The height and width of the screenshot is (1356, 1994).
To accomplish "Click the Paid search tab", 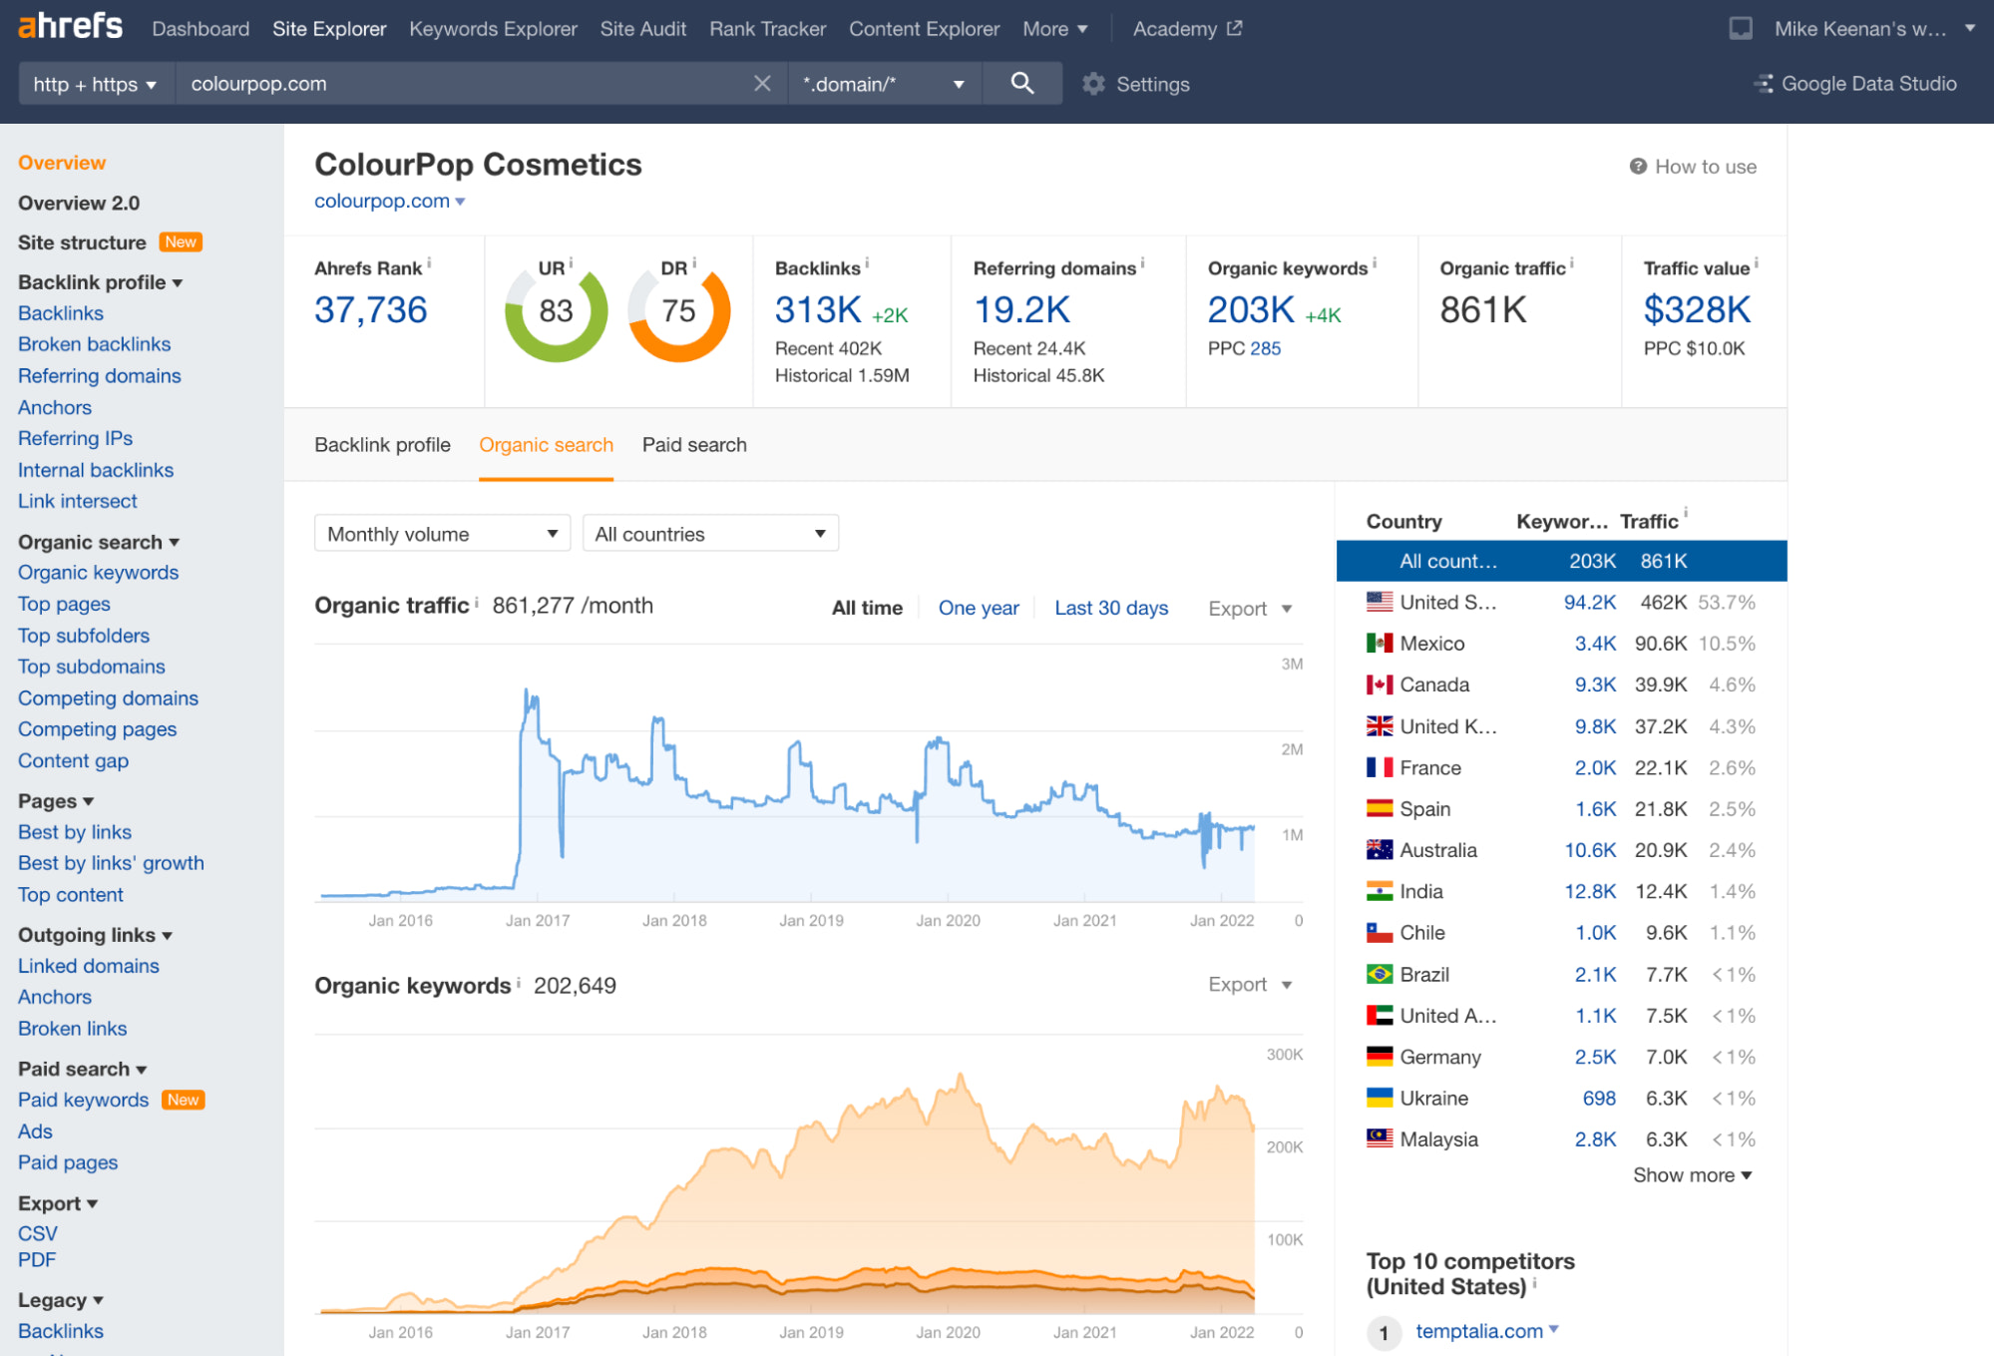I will [x=694, y=445].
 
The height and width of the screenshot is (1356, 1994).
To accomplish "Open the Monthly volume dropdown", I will [x=441, y=534].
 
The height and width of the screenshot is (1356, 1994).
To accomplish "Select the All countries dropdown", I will [x=709, y=534].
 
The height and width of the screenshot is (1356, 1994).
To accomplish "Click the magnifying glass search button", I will [x=1021, y=84].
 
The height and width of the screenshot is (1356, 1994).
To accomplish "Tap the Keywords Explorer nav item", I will [x=493, y=29].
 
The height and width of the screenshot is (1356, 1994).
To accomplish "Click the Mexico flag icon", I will [x=1380, y=644].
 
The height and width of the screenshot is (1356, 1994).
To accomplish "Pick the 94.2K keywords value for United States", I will [x=1589, y=603].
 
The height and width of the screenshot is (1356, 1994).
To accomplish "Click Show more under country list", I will [x=1692, y=1175].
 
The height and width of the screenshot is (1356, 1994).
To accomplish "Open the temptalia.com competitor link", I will [x=1479, y=1331].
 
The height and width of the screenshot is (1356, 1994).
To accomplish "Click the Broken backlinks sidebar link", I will [x=95, y=344].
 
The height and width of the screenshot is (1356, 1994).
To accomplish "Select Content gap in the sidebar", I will [x=73, y=760].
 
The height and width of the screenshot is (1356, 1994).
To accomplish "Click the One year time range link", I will [x=979, y=608].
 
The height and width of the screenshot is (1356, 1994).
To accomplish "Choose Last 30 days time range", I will [x=1111, y=608].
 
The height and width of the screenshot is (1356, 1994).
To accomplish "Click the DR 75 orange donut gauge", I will [x=679, y=313].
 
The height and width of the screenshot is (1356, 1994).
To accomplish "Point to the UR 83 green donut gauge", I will [x=556, y=313].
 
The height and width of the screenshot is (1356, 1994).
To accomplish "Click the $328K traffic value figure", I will [x=1697, y=310].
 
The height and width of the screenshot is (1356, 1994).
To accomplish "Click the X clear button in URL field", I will [x=762, y=84].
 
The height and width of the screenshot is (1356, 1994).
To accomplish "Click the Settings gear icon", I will [x=1094, y=84].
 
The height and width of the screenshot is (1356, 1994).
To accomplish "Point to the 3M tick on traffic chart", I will [x=1292, y=665].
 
